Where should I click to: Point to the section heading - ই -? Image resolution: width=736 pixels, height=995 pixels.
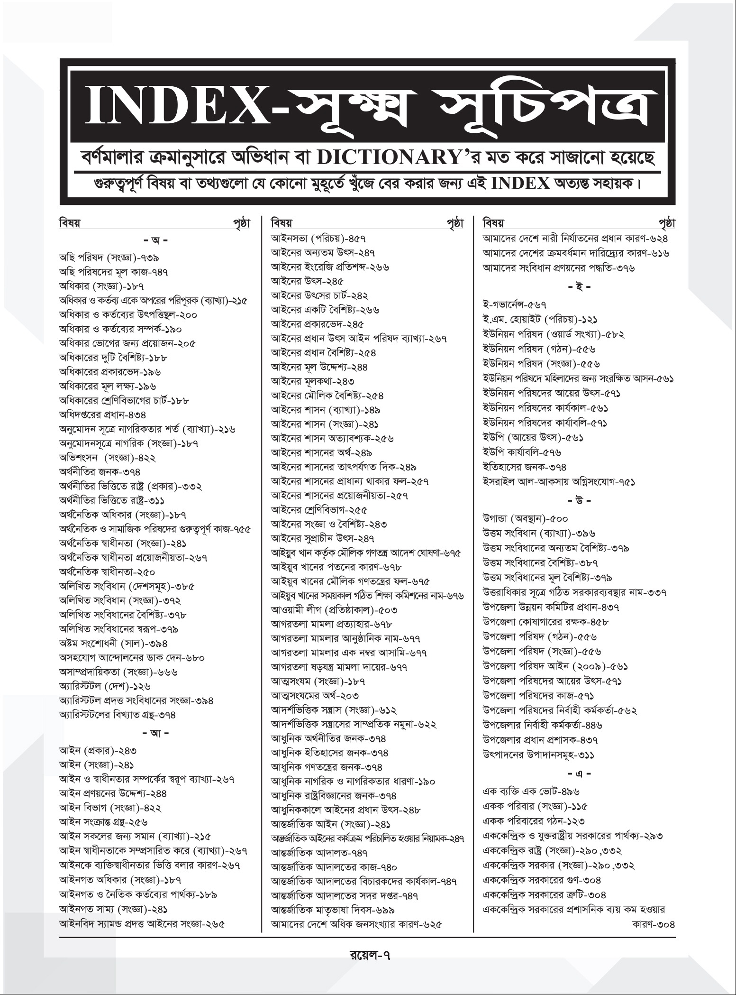click(578, 287)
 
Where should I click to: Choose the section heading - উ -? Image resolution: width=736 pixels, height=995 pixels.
click(578, 500)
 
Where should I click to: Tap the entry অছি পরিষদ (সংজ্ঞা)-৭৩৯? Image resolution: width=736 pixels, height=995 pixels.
click(109, 258)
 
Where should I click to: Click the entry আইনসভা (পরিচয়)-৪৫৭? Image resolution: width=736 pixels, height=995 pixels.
click(318, 238)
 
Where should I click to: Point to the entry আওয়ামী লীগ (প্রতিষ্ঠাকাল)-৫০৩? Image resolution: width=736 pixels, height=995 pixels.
click(334, 609)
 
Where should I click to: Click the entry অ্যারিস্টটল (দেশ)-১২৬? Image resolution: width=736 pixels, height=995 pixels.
click(104, 686)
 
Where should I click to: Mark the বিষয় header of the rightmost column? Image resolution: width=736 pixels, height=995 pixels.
click(493, 222)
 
